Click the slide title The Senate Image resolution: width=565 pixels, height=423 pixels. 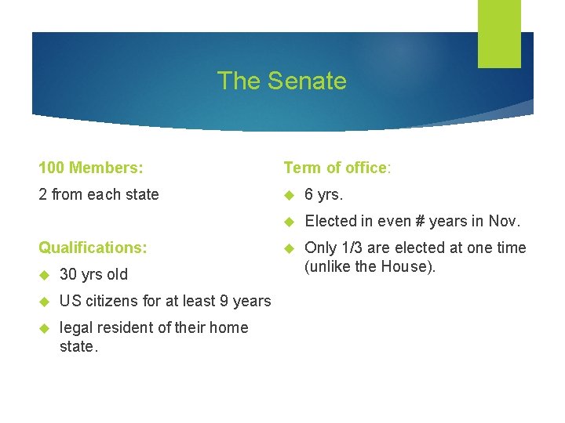[282, 81]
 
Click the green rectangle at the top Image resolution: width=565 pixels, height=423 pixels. [499, 34]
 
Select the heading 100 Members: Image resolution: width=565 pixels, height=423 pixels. [91, 168]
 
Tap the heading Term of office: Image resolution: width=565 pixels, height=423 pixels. [337, 168]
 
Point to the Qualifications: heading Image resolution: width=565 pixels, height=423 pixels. [93, 248]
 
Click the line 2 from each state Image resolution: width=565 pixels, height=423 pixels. [99, 194]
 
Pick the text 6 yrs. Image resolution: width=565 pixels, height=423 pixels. [324, 194]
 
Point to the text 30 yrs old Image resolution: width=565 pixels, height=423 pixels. [93, 274]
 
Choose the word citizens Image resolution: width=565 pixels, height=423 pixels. [111, 301]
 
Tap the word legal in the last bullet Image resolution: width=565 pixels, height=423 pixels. [76, 327]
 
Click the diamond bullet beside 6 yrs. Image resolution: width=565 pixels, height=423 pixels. [288, 195]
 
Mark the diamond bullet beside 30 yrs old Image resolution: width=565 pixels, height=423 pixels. [43, 275]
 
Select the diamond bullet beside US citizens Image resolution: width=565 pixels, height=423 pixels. [43, 302]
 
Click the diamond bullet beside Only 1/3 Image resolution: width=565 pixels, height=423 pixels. [288, 248]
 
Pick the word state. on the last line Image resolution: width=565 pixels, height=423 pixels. [78, 346]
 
